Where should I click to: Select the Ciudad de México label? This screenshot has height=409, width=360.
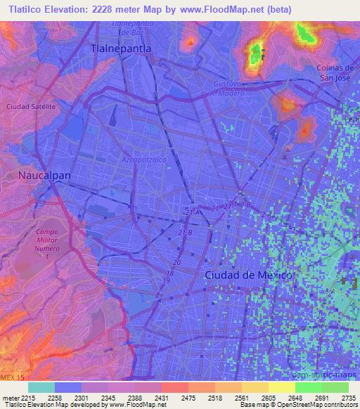click(247, 275)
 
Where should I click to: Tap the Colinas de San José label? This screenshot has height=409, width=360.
click(334, 72)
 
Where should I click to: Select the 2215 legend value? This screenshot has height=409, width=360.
click(28, 397)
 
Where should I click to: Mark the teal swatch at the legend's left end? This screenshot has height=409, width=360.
click(41, 387)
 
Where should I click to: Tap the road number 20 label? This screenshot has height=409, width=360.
click(176, 262)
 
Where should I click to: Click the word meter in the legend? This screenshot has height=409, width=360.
click(11, 397)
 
